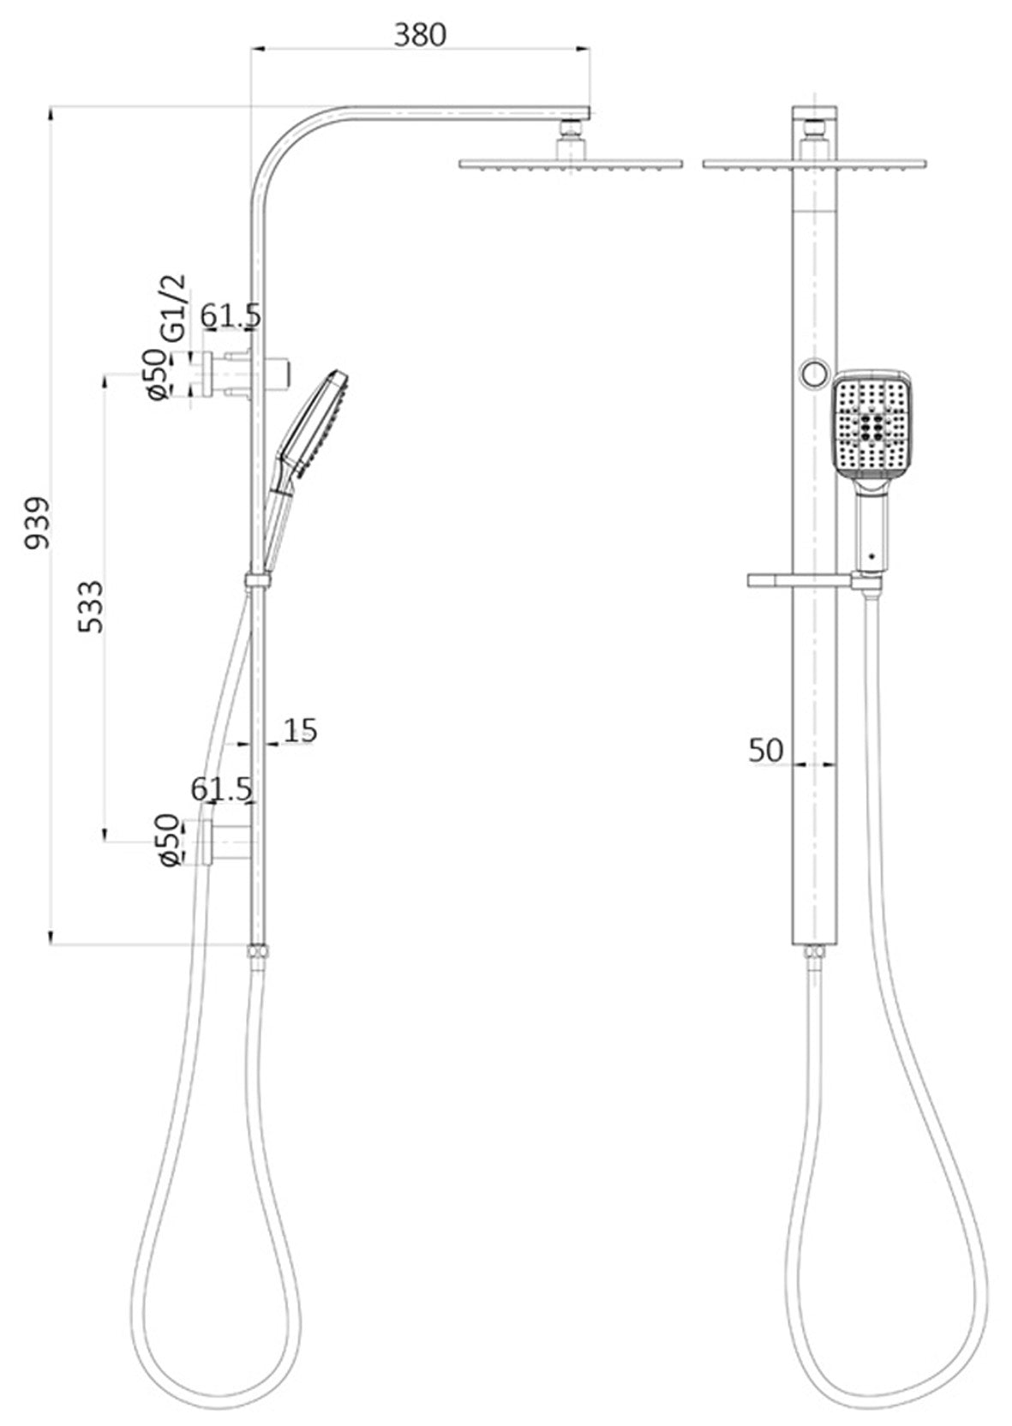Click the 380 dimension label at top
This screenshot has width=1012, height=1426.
(x=420, y=35)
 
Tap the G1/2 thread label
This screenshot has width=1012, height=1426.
(x=174, y=308)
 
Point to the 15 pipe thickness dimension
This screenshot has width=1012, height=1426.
(x=300, y=730)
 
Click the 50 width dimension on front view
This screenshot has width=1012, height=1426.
(x=766, y=751)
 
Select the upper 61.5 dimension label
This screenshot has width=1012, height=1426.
(x=231, y=315)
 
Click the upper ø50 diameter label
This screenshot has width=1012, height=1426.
(x=159, y=374)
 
